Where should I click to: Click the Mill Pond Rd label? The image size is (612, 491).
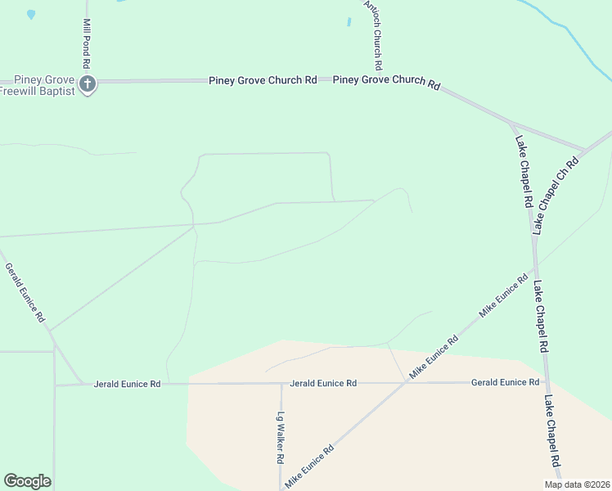point(86,44)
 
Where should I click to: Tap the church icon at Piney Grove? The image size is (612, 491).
point(88,83)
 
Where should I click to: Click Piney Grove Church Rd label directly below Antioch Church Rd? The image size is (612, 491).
point(386,81)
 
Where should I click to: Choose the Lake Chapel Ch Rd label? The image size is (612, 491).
point(556,196)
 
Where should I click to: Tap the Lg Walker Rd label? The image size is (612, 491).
point(279,437)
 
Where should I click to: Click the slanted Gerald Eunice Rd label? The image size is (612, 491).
point(25,292)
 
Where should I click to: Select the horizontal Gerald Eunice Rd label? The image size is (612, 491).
point(505,382)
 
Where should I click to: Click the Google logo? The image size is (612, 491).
point(27,481)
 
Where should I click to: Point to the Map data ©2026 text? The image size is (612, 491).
point(578,484)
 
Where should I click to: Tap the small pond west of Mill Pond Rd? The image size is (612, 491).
point(31,14)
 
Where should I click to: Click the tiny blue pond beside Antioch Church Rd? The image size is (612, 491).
point(349,22)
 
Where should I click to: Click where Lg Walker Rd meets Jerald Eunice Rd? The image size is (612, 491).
point(281,383)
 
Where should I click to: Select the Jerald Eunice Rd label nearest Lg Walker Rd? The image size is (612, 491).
point(323,383)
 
